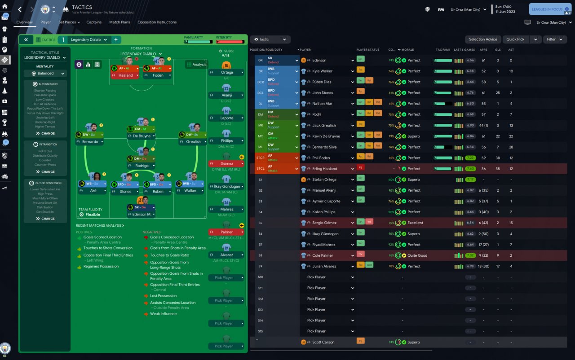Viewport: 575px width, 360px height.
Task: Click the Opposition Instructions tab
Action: [x=157, y=22]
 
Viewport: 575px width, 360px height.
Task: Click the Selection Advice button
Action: [x=483, y=40]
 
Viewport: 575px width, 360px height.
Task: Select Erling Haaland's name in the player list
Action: [x=325, y=169]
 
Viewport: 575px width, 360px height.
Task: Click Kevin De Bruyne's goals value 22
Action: [x=498, y=136]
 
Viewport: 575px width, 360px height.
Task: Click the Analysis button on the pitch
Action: [x=196, y=64]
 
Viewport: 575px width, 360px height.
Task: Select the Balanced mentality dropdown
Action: [x=45, y=73]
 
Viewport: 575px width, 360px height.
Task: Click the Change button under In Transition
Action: [x=45, y=172]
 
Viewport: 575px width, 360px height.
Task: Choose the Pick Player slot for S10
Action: [x=316, y=277]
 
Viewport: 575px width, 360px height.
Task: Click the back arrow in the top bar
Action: [x=20, y=9]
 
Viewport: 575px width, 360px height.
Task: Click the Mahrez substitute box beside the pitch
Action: [x=227, y=209]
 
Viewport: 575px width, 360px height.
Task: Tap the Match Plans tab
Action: [x=119, y=22]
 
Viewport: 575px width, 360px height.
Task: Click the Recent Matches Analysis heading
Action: [x=100, y=225]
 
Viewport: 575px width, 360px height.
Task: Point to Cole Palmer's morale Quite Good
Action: [x=417, y=255]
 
